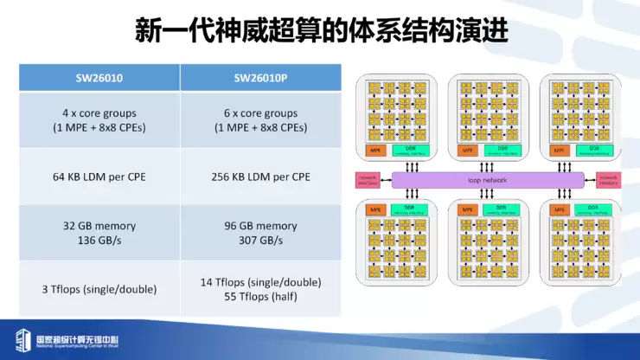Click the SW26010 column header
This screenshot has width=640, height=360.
[99, 77]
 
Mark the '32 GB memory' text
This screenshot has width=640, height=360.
[99, 226]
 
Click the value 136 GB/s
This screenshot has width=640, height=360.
[99, 240]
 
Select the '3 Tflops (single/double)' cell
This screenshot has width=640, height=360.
[99, 290]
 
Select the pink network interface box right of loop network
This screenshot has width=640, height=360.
[608, 179]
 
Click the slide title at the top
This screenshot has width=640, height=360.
[321, 31]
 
